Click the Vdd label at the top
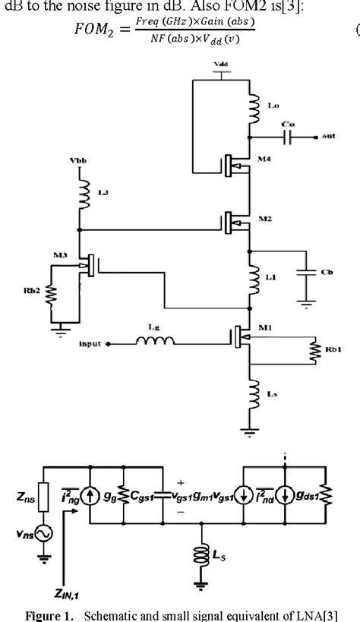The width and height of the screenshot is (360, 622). point(219,64)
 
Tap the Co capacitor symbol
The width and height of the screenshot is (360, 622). point(286,137)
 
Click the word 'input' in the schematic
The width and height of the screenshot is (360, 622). point(90,343)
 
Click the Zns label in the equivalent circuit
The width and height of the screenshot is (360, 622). point(23,501)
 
